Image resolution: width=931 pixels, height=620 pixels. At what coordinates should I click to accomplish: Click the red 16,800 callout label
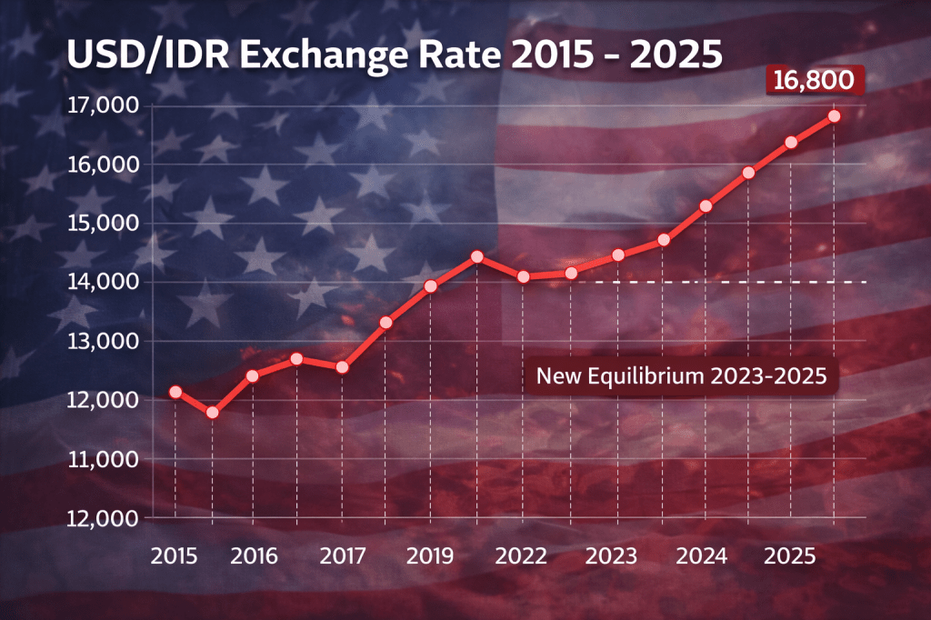(814, 80)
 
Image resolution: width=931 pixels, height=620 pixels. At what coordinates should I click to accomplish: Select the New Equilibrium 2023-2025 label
(681, 375)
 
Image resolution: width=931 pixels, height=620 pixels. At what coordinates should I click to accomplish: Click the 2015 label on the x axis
(175, 554)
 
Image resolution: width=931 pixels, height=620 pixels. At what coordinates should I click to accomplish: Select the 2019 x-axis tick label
(430, 554)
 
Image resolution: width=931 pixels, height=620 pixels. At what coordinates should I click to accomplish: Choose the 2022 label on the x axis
(523, 554)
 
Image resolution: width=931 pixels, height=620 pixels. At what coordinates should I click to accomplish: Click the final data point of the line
(834, 115)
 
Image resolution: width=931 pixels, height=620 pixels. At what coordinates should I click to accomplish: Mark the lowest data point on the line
(213, 413)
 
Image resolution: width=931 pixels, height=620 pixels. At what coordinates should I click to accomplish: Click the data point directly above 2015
(175, 392)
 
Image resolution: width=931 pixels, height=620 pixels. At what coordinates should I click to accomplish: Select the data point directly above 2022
(523, 276)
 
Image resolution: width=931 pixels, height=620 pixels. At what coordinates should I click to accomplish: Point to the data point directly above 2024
(706, 206)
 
